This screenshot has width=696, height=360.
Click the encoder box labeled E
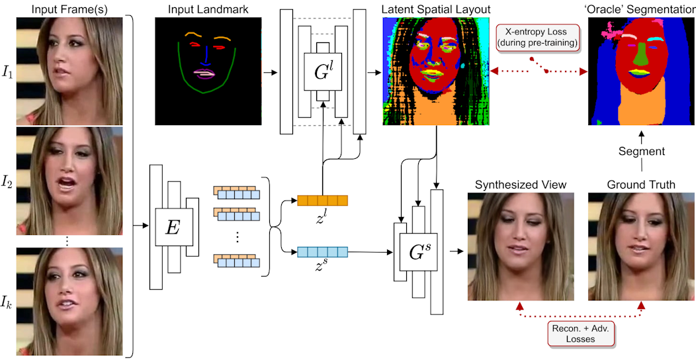173,227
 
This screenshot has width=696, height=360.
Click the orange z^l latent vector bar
322,200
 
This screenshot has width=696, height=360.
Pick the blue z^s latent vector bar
322,251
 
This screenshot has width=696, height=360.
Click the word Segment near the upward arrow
642,151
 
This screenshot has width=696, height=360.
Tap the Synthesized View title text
516,185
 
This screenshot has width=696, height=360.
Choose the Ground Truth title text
642,185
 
